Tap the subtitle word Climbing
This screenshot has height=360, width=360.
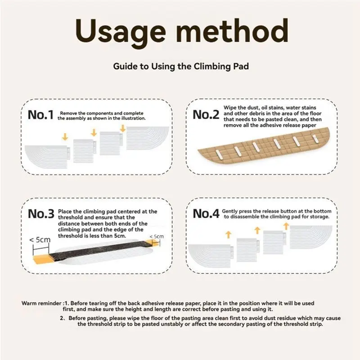pos(212,67)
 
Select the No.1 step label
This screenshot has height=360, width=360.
pos(40,115)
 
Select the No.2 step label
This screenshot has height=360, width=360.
pos(206,115)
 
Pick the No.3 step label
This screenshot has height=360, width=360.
pos(41,214)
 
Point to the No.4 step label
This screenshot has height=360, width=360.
pos(206,214)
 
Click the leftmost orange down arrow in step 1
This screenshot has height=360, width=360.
pos(65,137)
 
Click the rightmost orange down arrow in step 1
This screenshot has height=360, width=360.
pos(123,129)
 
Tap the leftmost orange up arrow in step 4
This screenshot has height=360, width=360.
pos(228,234)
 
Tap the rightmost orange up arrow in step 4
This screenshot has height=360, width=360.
pos(286,226)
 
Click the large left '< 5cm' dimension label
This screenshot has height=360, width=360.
pos(40,240)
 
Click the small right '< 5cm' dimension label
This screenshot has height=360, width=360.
pos(157,237)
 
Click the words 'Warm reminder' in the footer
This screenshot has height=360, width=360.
pos(41,303)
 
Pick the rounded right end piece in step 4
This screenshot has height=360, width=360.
pos(311,237)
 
